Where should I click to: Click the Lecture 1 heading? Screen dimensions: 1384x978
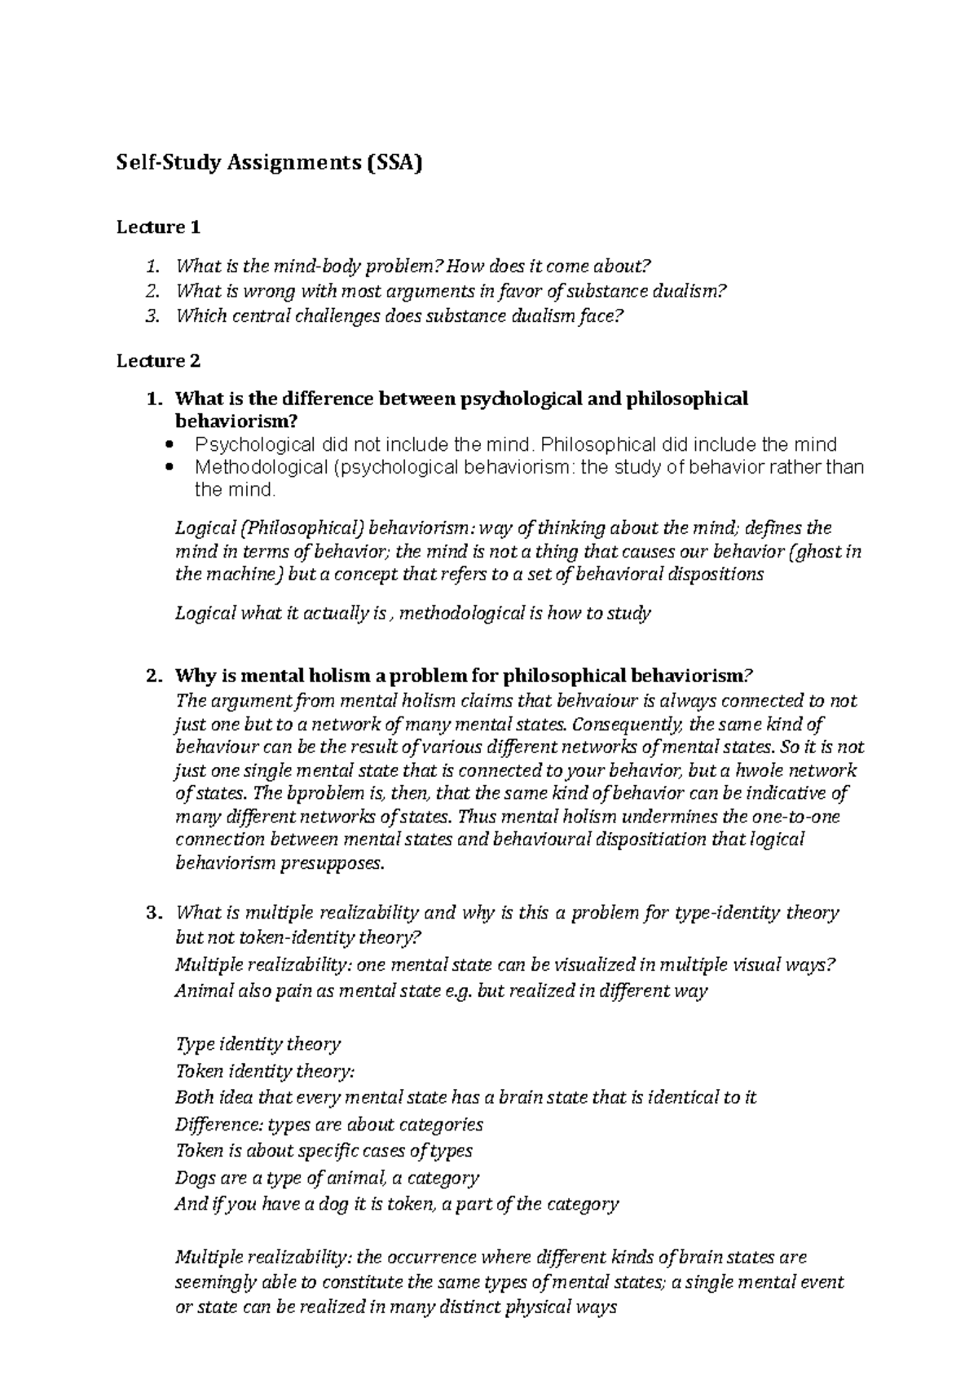click(158, 227)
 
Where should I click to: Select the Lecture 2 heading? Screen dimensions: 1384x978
click(158, 360)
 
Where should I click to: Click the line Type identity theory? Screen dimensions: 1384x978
click(258, 1044)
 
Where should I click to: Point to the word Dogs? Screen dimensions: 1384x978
click(194, 1178)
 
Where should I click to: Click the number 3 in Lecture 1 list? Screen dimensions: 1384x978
click(150, 317)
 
